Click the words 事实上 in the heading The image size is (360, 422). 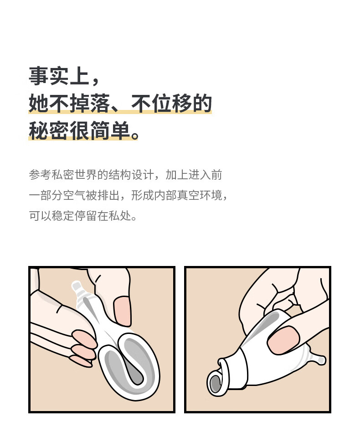[58, 76]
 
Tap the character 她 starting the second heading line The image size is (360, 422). [38, 104]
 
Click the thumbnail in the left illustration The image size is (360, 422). [121, 311]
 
